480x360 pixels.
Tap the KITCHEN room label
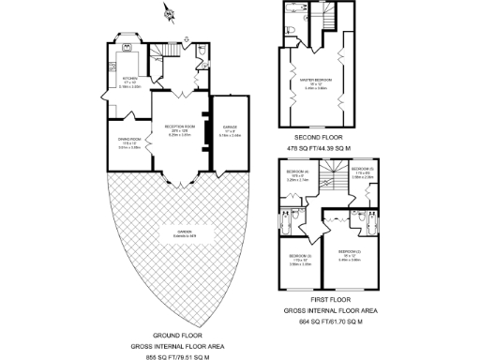click(131, 79)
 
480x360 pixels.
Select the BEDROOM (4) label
click(298, 172)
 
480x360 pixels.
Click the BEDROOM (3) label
click(299, 255)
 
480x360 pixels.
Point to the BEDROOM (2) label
click(351, 254)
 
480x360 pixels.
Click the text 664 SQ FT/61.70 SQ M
click(330, 322)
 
